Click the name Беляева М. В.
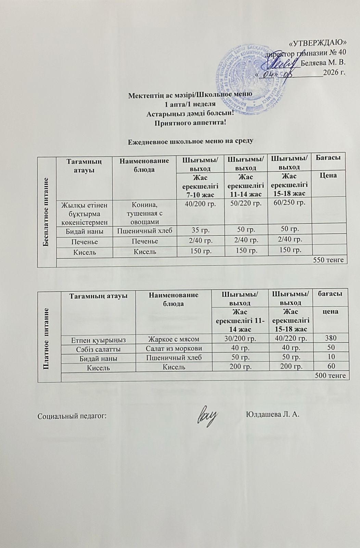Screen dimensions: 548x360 coord(323,62)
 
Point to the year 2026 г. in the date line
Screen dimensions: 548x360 coord(335,73)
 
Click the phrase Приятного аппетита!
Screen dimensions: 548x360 coord(191,122)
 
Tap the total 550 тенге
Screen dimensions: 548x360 coord(328,260)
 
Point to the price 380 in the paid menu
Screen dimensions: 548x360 coord(330,338)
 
